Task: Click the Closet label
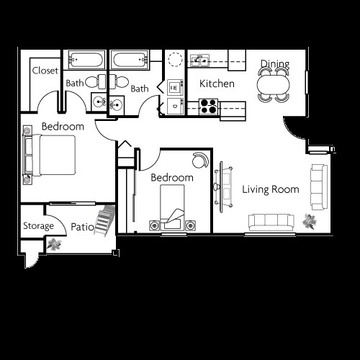point(45,71)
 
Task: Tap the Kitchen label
point(217,84)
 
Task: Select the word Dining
point(274,64)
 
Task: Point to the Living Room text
point(270,189)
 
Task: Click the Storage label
point(37,226)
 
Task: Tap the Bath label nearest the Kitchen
point(139,89)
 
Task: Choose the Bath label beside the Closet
point(75,84)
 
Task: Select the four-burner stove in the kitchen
point(207,107)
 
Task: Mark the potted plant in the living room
point(311,221)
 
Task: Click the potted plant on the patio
point(53,245)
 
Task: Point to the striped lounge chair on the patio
point(106,222)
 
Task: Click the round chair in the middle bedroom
point(199,160)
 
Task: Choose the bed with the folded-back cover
point(172,207)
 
